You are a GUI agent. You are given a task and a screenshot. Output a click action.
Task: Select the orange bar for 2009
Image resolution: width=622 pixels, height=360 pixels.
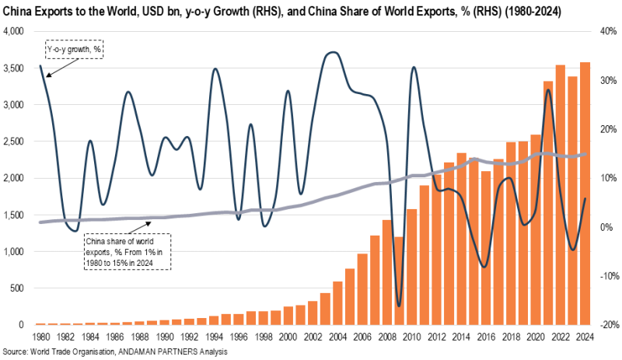coord(399,281)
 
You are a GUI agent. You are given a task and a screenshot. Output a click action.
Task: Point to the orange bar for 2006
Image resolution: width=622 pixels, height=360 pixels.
coord(362,288)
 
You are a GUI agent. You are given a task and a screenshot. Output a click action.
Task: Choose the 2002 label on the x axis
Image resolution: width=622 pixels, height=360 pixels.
coord(312,337)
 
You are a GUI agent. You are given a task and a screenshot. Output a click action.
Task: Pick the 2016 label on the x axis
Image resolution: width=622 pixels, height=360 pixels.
coord(486,337)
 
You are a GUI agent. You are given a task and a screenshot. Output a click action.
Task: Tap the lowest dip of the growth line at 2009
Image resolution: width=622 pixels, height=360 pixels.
coord(399,306)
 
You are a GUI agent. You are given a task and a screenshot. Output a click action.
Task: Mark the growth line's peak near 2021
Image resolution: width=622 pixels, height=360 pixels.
coord(548,90)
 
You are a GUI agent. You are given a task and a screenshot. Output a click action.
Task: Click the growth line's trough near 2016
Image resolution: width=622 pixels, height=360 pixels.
coord(486,267)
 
